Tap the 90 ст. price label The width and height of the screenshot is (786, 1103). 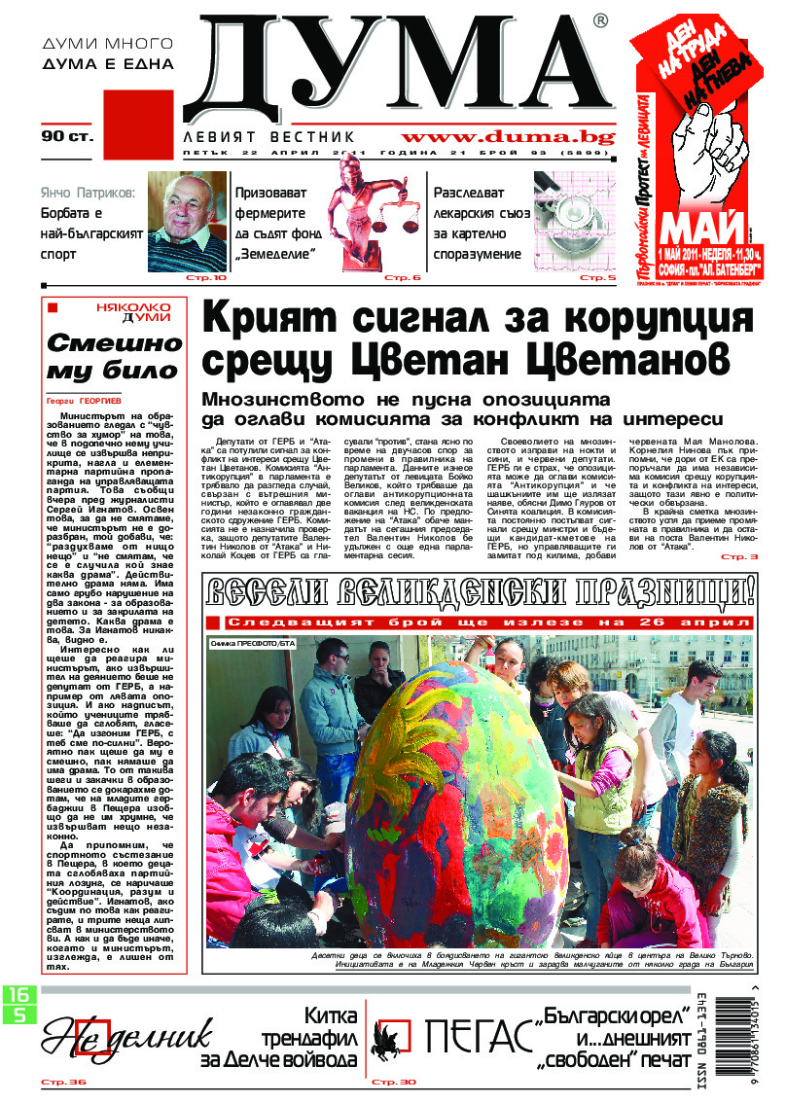pyautogui.click(x=67, y=136)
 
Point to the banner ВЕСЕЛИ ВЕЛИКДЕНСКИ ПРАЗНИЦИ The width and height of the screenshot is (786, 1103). pyautogui.click(x=478, y=592)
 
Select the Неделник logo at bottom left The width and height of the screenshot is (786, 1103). pyautogui.click(x=115, y=1039)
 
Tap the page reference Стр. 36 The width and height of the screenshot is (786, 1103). pyautogui.click(x=62, y=1083)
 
